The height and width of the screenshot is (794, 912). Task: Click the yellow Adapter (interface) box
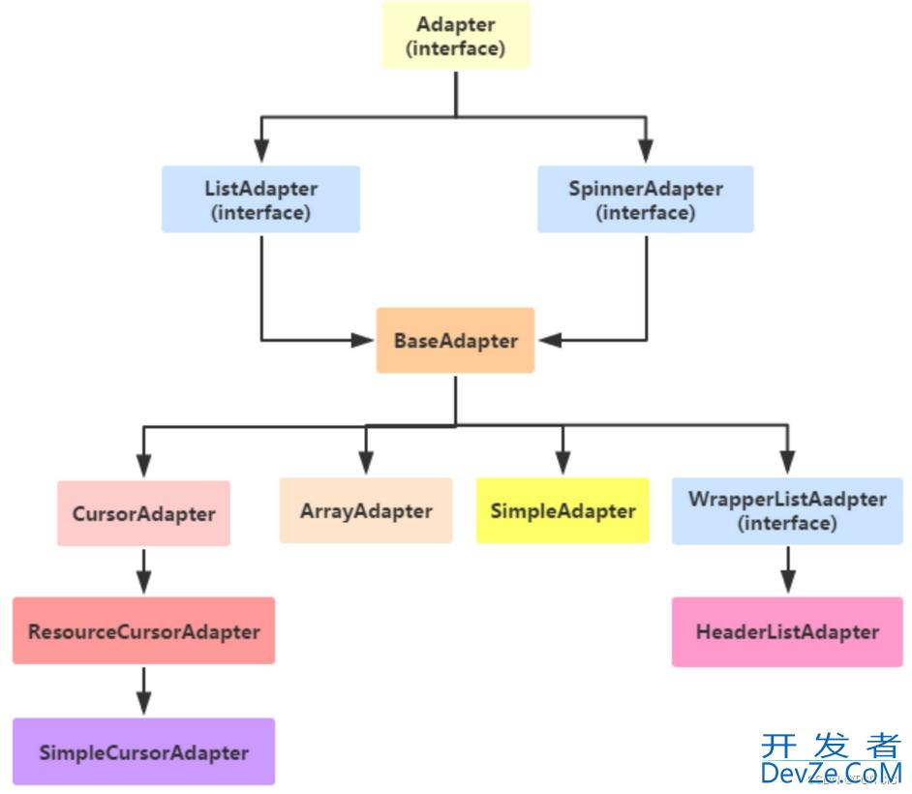point(456,36)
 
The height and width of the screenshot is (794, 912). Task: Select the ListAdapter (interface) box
point(260,199)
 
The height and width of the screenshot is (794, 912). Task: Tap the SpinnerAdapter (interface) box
point(645,199)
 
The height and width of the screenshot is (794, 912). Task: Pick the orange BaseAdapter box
point(455,341)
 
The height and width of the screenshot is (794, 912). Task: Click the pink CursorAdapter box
point(143,513)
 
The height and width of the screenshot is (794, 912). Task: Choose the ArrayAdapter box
point(366,510)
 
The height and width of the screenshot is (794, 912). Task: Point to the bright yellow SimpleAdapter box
point(562,510)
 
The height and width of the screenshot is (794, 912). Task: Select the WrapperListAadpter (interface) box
point(787,510)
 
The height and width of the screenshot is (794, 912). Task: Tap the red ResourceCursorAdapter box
point(143,631)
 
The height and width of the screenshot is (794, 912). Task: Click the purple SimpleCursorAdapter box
point(143,752)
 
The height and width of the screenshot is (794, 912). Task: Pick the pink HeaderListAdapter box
point(787,632)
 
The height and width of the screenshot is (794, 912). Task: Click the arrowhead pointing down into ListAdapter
point(260,151)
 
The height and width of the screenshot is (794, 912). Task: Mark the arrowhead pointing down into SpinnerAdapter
point(645,151)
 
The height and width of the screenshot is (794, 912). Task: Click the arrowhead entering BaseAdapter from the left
point(366,340)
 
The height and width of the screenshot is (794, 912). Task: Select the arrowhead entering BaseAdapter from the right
point(546,340)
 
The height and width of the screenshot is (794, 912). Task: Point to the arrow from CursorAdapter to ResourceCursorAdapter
point(143,571)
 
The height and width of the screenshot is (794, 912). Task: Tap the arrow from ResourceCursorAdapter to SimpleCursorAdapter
point(143,690)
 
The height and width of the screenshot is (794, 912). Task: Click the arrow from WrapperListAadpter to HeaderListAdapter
point(787,570)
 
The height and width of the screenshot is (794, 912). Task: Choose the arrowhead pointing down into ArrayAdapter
point(366,463)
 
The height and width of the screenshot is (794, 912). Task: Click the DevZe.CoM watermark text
point(831,772)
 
